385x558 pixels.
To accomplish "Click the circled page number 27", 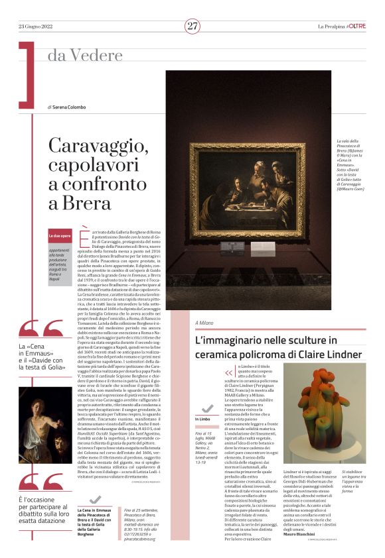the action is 193,26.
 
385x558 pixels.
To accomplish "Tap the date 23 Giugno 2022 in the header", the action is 36,27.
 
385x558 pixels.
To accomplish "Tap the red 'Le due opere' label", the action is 59,236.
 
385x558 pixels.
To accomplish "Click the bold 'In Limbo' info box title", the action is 203,419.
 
